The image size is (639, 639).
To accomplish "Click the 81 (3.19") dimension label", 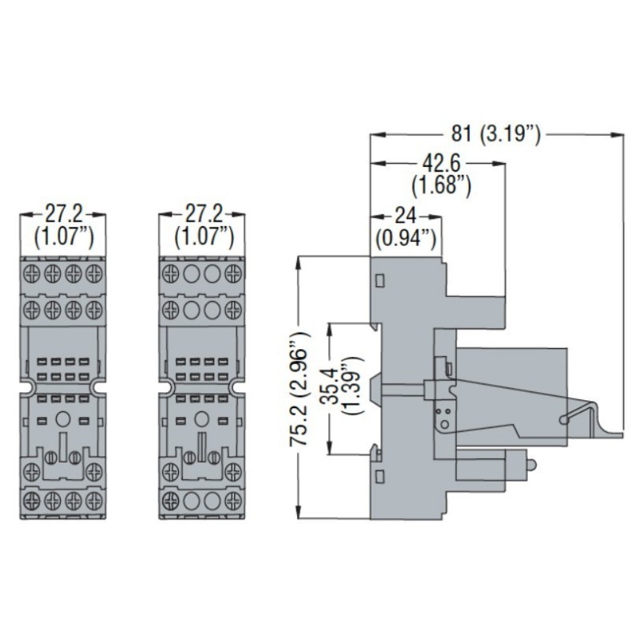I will tap(495, 133).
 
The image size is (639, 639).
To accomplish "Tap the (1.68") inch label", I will tap(439, 186).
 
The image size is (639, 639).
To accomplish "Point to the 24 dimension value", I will tap(406, 216).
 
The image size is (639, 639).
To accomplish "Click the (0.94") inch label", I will tap(406, 237).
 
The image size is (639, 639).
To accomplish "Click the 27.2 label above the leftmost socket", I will tap(62, 215).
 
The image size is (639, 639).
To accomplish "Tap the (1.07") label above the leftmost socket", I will tap(62, 236).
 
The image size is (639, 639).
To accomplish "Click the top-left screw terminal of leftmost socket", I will tap(31, 272).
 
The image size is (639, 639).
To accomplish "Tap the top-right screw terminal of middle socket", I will tap(233, 272).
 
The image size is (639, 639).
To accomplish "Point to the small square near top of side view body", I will tap(379, 280).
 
